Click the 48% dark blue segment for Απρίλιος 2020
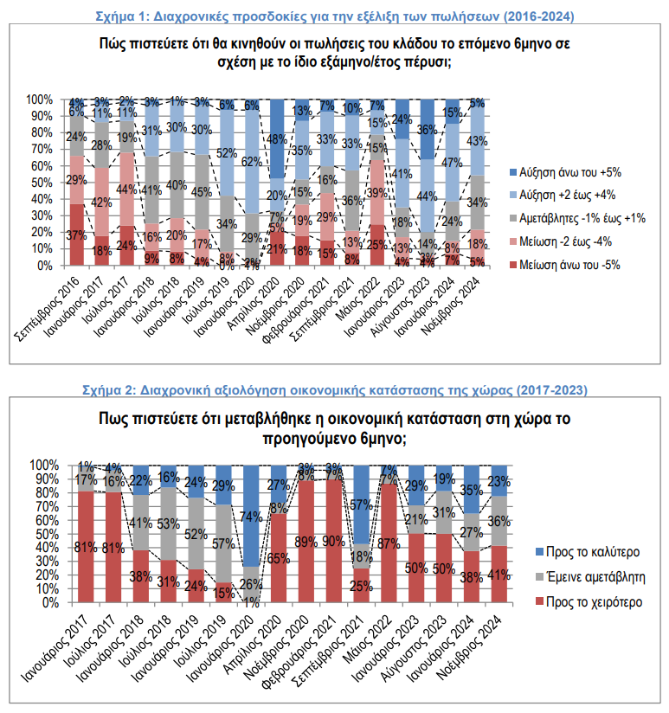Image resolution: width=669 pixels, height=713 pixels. click(277, 139)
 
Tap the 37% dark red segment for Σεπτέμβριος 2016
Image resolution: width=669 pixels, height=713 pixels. click(77, 235)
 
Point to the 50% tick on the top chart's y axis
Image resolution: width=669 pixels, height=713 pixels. click(41, 183)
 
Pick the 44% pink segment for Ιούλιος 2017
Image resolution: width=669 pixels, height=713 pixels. click(127, 189)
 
